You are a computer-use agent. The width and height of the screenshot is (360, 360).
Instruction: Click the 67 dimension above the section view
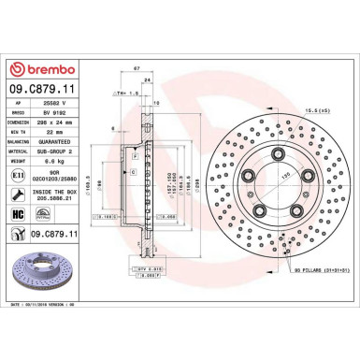tap(137, 69)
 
